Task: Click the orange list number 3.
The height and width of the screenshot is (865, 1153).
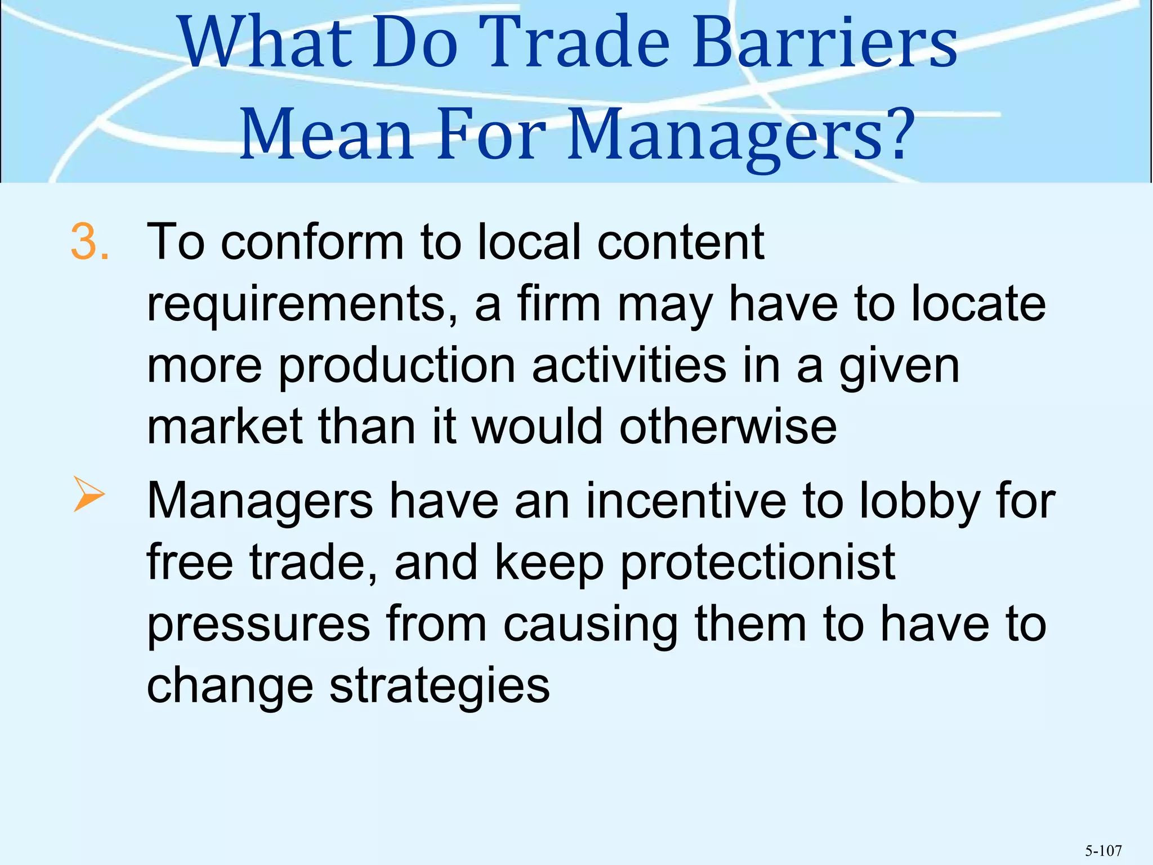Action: pyautogui.click(x=89, y=242)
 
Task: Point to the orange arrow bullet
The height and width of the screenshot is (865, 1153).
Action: pyautogui.click(x=89, y=494)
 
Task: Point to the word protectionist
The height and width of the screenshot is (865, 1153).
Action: pyautogui.click(x=757, y=564)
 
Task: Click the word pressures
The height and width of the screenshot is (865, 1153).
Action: pyautogui.click(x=258, y=626)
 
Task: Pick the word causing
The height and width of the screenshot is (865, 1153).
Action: pyautogui.click(x=590, y=626)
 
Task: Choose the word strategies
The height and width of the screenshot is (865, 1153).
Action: pyautogui.click(x=439, y=687)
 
